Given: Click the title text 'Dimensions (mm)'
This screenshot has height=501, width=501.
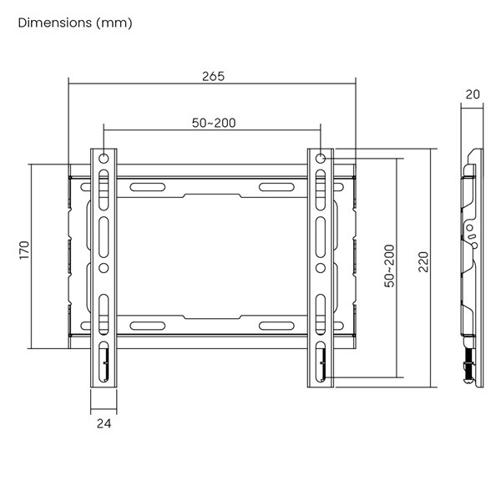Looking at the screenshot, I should pyautogui.click(x=74, y=23).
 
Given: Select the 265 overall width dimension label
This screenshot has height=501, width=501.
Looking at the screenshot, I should pyautogui.click(x=213, y=76).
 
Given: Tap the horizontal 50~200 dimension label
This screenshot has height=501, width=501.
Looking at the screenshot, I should pyautogui.click(x=213, y=123).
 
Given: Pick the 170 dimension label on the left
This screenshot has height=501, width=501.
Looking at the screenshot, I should pyautogui.click(x=25, y=250).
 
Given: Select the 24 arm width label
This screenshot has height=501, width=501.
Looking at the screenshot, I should pyautogui.click(x=104, y=423).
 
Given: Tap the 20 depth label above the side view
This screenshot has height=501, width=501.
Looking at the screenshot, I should pyautogui.click(x=473, y=94).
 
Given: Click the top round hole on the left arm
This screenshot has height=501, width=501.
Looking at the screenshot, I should pyautogui.click(x=104, y=159).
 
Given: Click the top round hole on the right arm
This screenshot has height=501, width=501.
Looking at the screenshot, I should pyautogui.click(x=321, y=159).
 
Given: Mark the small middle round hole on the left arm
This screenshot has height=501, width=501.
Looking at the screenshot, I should pyautogui.click(x=104, y=268).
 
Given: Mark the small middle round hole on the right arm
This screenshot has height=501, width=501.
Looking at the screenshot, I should pyautogui.click(x=321, y=268).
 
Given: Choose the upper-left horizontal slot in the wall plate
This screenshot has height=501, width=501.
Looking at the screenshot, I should pyautogui.click(x=147, y=186).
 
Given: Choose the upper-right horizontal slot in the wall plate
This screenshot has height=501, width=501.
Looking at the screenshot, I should pyautogui.click(x=276, y=186).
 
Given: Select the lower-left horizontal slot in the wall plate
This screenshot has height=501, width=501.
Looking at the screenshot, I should pyautogui.click(x=147, y=325).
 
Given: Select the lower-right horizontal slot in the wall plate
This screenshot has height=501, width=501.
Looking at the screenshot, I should pyautogui.click(x=276, y=325).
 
